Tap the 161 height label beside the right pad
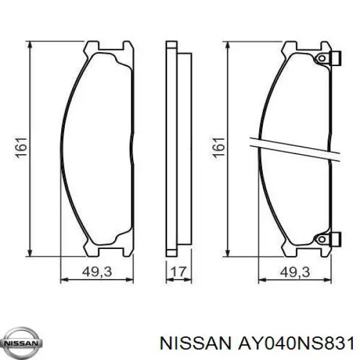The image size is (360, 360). coord(219,148)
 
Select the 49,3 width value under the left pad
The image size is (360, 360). coord(97,272)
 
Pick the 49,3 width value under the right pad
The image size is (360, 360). coord(295,272)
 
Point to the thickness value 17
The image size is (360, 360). coord(178,272)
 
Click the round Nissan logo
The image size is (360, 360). coord(22,343)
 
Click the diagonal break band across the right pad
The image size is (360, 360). coord(294,148)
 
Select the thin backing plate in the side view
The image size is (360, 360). coord(171,148)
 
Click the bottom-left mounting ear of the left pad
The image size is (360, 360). coord(92,250)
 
